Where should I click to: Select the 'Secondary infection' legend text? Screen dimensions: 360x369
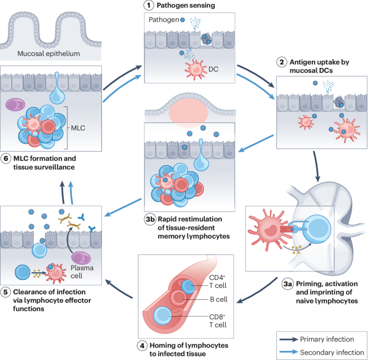click(333, 350)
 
